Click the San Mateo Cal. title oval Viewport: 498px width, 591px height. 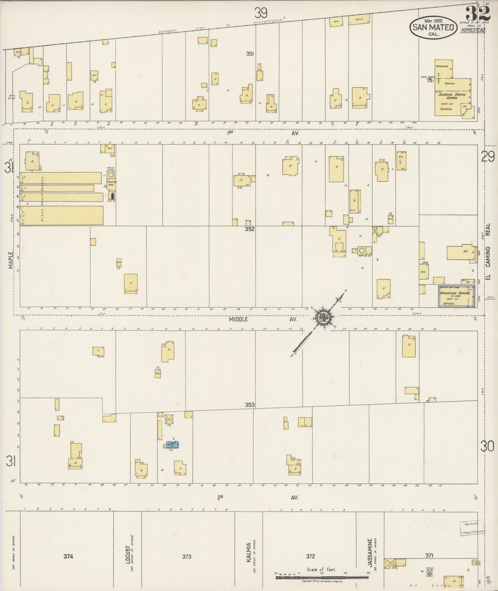click(432, 27)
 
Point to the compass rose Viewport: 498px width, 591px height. click(323, 317)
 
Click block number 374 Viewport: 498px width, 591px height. click(69, 556)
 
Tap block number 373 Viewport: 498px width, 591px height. click(187, 557)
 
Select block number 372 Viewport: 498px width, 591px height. click(310, 556)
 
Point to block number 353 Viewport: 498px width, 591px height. click(250, 405)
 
